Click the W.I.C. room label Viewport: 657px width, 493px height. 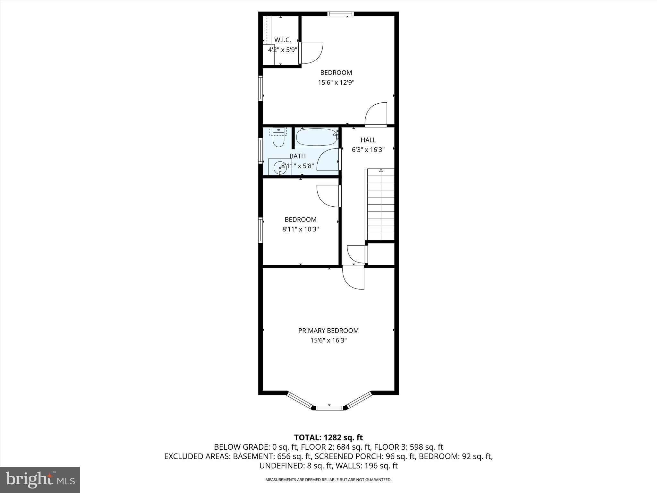pyautogui.click(x=283, y=40)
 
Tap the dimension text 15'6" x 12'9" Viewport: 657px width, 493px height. pyautogui.click(x=336, y=82)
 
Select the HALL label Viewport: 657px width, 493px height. pyautogui.click(x=368, y=140)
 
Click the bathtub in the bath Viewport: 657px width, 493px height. pyautogui.click(x=316, y=137)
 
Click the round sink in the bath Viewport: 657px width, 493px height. pyautogui.click(x=279, y=167)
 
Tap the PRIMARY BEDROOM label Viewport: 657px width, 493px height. pyautogui.click(x=328, y=331)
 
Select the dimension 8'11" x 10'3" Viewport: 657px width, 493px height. pyautogui.click(x=300, y=229)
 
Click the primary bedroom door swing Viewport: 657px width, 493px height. pyautogui.click(x=353, y=278)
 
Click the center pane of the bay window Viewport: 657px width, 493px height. pyautogui.click(x=329, y=408)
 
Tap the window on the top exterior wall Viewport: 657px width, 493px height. pyautogui.click(x=340, y=13)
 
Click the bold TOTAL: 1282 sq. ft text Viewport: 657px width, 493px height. pyautogui.click(x=328, y=437)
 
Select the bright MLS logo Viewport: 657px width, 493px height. pyautogui.click(x=40, y=480)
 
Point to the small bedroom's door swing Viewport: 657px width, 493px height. pyautogui.click(x=328, y=196)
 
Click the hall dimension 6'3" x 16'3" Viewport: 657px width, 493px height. pyautogui.click(x=368, y=150)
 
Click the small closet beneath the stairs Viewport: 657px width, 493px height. pyautogui.click(x=381, y=254)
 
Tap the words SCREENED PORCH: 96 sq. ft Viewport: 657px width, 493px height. pyautogui.click(x=365, y=456)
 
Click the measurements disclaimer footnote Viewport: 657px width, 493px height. pyautogui.click(x=328, y=480)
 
